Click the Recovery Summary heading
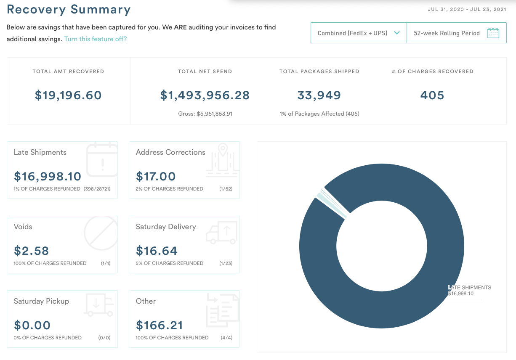[69, 9]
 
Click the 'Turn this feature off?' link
[95, 39]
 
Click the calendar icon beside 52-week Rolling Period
[493, 33]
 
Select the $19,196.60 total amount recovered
[68, 95]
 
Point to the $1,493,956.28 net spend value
[205, 95]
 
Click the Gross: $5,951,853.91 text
[205, 114]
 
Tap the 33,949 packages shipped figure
[319, 95]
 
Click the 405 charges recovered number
[432, 95]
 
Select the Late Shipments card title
[40, 152]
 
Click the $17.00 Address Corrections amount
[156, 176]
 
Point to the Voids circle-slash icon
[101, 233]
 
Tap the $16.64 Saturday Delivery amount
[157, 251]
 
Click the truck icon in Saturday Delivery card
[222, 233]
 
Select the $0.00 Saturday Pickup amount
[32, 325]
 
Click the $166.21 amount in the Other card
[160, 325]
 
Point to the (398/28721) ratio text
[97, 189]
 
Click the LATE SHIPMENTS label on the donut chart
[470, 288]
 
